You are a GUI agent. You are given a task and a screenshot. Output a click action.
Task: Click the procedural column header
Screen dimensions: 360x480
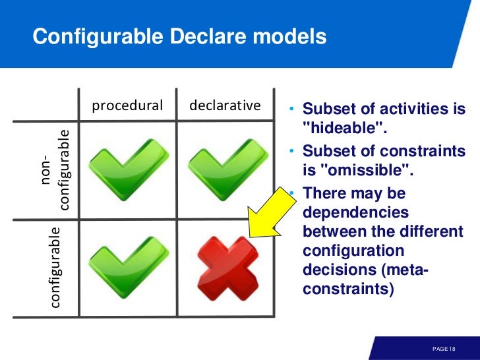(x=127, y=105)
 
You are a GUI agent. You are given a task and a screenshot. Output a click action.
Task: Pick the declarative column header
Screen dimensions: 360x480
(x=225, y=105)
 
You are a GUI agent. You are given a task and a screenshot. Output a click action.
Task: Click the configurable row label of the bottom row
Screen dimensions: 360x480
(x=55, y=267)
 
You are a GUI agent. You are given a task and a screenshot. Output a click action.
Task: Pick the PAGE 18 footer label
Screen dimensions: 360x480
(x=444, y=348)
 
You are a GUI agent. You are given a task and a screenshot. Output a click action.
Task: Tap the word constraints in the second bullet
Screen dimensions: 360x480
(x=423, y=152)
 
